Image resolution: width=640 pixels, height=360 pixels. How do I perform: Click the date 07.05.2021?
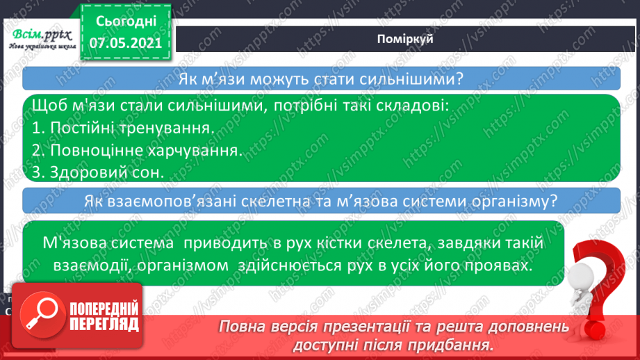click(x=126, y=44)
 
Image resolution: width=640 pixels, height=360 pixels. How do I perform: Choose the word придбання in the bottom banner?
click(x=459, y=345)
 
